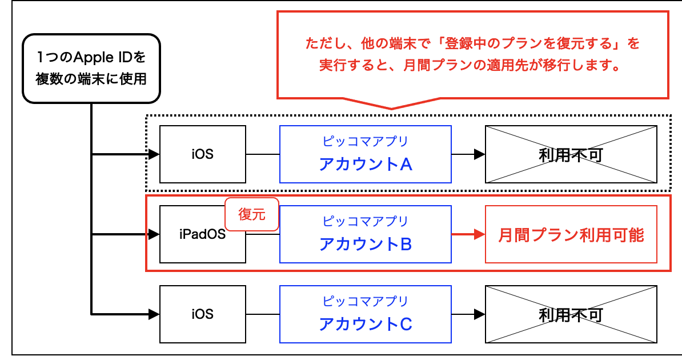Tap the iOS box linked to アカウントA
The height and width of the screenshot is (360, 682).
[203, 154]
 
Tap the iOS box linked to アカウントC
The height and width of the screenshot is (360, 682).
[203, 314]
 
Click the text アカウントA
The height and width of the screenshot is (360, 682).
[366, 165]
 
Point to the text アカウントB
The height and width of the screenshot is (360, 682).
[366, 245]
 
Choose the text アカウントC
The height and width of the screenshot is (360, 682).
[366, 325]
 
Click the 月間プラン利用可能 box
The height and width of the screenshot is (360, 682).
[571, 234]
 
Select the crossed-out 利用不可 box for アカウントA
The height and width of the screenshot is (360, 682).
[571, 154]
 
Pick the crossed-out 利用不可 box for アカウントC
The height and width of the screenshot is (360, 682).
[571, 314]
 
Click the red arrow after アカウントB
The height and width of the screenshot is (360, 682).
[468, 234]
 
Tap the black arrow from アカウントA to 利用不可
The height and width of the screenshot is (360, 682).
[468, 154]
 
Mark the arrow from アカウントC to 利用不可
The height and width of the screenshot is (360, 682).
[468, 314]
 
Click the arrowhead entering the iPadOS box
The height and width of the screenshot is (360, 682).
[154, 234]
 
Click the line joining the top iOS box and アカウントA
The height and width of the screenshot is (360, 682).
[262, 154]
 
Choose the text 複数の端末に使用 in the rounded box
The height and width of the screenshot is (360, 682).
[91, 78]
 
